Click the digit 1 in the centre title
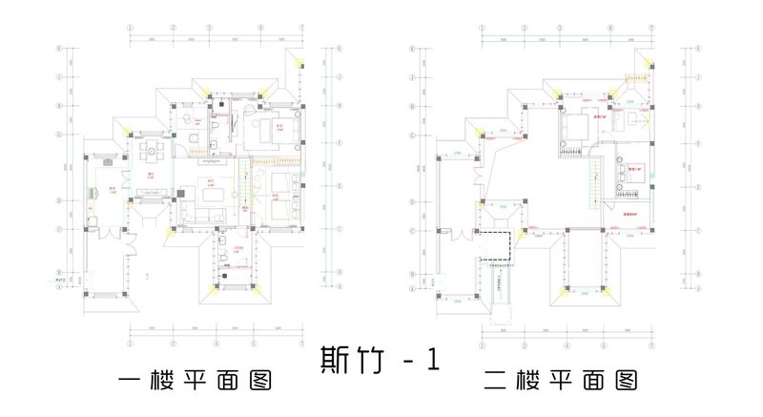[434, 361]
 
